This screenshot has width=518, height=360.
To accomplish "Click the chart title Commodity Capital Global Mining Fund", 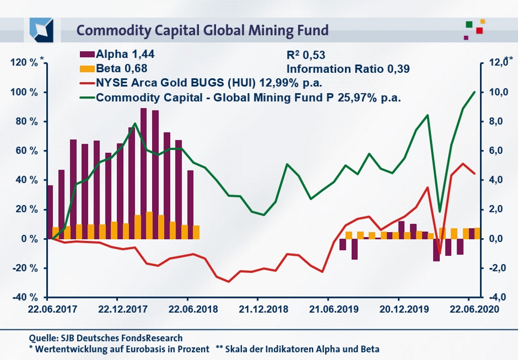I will click(202, 30).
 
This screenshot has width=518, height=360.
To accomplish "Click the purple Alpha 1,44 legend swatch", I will click(87, 54).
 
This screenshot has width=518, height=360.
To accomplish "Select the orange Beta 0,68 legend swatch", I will click(87, 69).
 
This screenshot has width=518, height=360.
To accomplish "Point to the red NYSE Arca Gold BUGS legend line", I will click(87, 84).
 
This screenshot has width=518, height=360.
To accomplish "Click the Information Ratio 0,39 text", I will click(347, 69).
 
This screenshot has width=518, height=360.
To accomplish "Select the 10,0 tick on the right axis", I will click(497, 92).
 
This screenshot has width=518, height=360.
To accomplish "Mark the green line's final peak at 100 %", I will click(475, 92).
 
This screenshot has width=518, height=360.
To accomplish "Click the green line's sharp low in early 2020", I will click(439, 211).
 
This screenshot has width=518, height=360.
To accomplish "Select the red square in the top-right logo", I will click(479, 30).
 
